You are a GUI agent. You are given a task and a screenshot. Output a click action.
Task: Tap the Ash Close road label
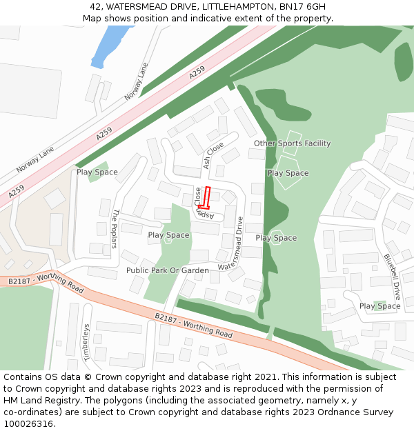coord(213,155)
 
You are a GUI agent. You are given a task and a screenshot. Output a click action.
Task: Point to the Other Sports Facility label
coord(292,143)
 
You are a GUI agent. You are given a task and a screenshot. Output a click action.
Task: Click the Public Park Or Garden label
coord(167,270)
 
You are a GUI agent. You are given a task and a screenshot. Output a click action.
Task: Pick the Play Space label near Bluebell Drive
coord(379,306)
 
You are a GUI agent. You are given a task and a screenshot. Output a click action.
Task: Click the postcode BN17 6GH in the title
coord(302,7)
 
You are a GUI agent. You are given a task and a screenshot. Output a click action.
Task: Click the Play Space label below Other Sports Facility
coord(288,173)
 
